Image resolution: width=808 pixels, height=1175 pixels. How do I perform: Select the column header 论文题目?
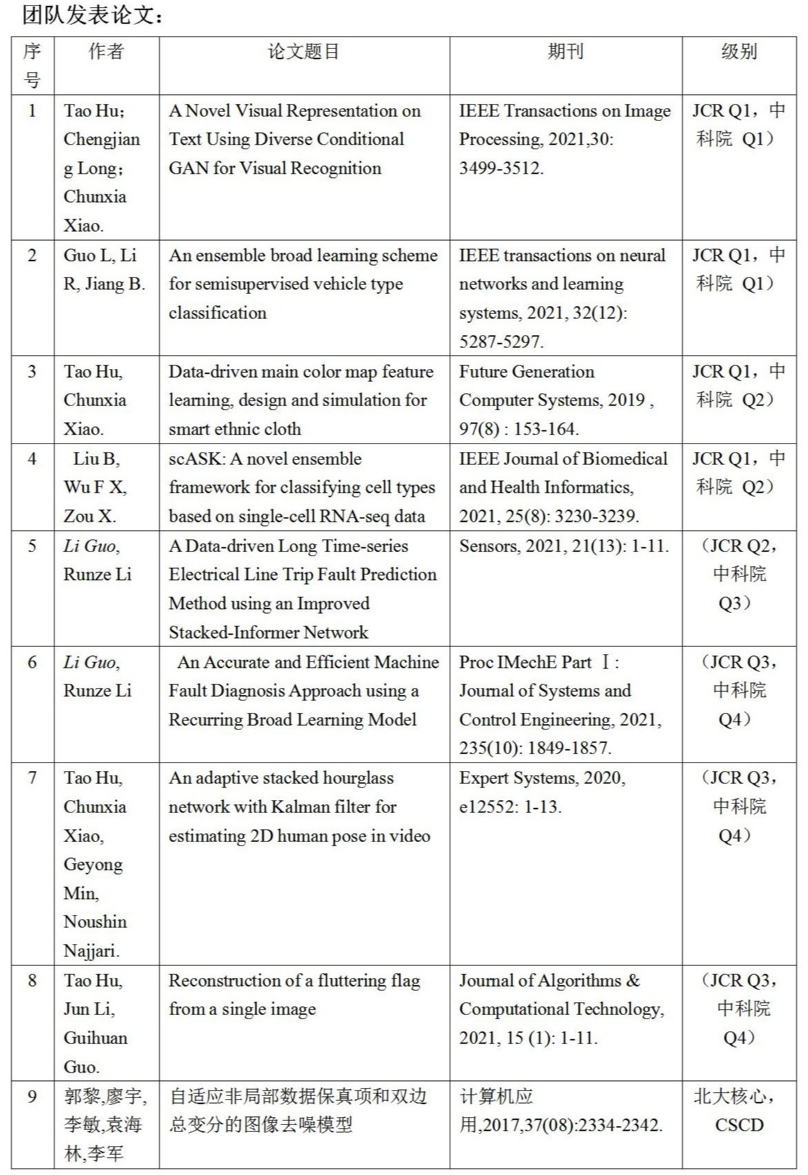click(304, 52)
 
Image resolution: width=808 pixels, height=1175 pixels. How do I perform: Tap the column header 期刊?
click(565, 52)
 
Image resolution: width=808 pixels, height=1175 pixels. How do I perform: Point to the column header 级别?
click(739, 52)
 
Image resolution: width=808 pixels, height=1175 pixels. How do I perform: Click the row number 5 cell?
click(33, 546)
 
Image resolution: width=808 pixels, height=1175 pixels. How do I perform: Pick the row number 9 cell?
click(33, 1097)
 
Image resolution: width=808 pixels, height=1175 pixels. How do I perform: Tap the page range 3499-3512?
click(500, 168)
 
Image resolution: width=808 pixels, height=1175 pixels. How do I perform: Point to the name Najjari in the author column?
click(91, 951)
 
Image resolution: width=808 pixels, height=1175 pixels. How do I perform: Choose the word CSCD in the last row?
click(739, 1125)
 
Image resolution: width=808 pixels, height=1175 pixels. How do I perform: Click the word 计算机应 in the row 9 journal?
click(496, 1097)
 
